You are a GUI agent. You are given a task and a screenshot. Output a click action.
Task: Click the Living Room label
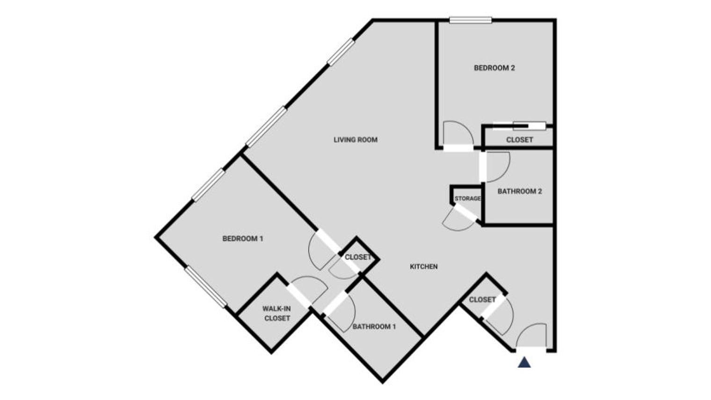355,139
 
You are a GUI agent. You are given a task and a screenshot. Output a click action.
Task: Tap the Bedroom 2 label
494,68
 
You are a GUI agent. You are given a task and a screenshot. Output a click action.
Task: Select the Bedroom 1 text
243,239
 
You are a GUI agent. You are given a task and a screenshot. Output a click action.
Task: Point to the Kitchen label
424,266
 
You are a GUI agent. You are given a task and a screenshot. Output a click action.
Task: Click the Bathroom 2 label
520,191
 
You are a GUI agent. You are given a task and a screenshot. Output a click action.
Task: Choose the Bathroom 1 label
374,327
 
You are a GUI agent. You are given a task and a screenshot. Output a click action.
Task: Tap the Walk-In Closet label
276,313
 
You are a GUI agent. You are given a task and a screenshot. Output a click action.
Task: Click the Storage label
467,198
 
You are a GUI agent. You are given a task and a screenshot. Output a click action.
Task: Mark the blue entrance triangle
524,362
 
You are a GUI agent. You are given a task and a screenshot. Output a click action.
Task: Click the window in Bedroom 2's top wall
471,20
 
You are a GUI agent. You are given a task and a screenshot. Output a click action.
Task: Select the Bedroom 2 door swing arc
457,134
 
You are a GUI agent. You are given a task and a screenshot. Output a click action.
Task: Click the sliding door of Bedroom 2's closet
529,125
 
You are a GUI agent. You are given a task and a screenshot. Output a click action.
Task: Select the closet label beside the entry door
482,299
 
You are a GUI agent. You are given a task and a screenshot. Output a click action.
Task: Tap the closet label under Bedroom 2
519,140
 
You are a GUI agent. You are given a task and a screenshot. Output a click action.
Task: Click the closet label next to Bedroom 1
358,257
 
